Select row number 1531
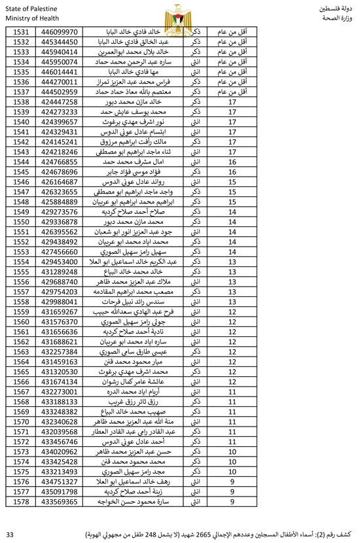pyautogui.click(x=21, y=32)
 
